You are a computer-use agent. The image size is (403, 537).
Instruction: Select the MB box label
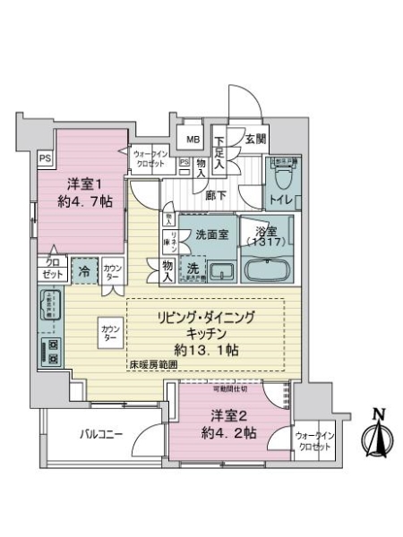pyautogui.click(x=193, y=139)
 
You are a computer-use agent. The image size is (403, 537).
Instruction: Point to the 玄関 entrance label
pyautogui.click(x=255, y=139)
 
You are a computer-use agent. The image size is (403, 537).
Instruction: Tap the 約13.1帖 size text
pyautogui.click(x=207, y=349)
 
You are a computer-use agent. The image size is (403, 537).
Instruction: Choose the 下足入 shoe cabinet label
pyautogui.click(x=219, y=146)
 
